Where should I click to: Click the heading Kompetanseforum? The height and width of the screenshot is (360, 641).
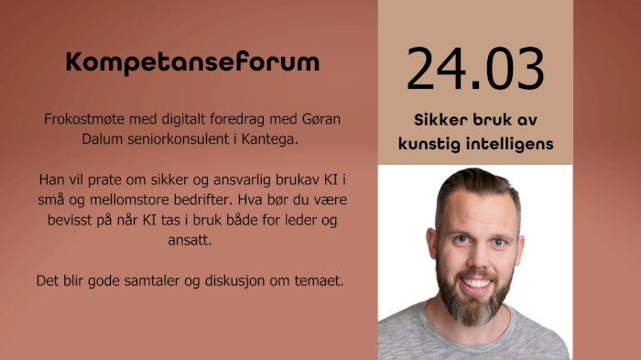coord(192,63)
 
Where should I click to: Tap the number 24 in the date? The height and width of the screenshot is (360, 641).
coord(437,70)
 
